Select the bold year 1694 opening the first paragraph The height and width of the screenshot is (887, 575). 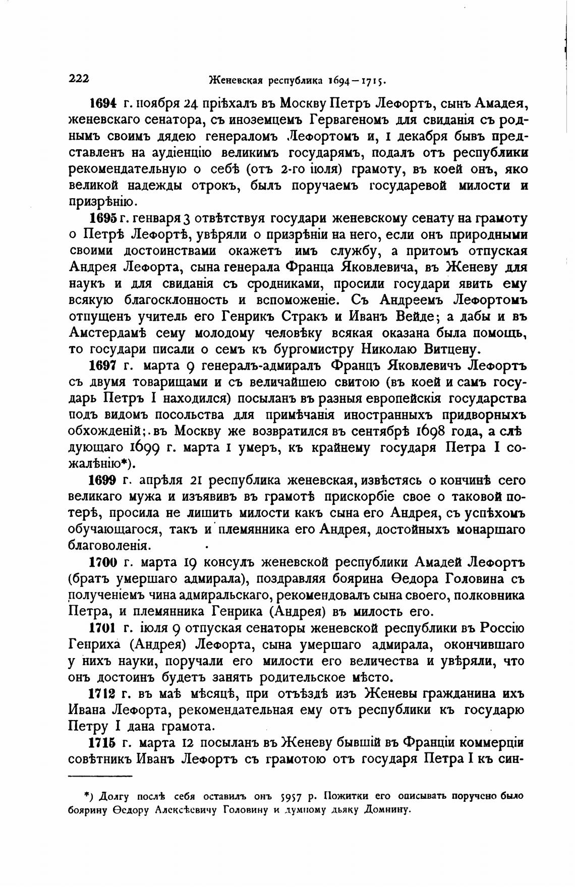pos(103,104)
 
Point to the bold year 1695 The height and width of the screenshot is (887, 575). pos(103,219)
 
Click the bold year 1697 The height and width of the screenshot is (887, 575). pos(103,366)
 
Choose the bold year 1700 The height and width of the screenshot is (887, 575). pos(103,563)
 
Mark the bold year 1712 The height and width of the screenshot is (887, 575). pos(103,694)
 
